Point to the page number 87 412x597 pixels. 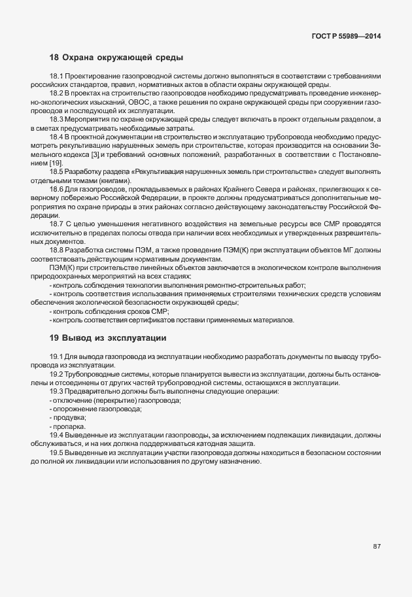pyautogui.click(x=377, y=546)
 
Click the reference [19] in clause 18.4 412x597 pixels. pyautogui.click(x=57, y=162)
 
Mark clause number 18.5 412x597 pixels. pyautogui.click(x=57, y=171)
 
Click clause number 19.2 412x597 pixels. pyautogui.click(x=57, y=374)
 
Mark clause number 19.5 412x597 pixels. pyautogui.click(x=57, y=452)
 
